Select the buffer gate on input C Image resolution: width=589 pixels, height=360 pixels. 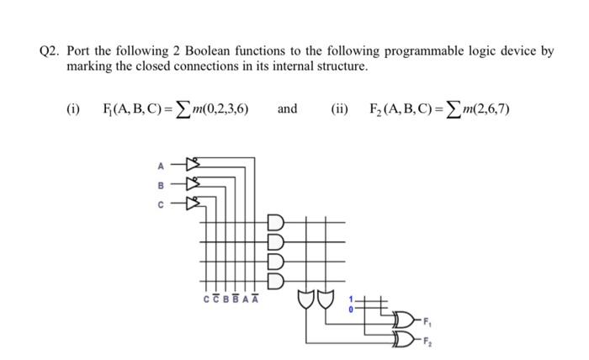[x=192, y=201]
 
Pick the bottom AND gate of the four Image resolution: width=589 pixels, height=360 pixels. [x=277, y=280]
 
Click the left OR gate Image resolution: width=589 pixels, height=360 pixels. [x=305, y=299]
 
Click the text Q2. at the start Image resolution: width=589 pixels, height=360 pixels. [x=52, y=50]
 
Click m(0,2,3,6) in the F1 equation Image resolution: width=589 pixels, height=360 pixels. [x=217, y=110]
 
